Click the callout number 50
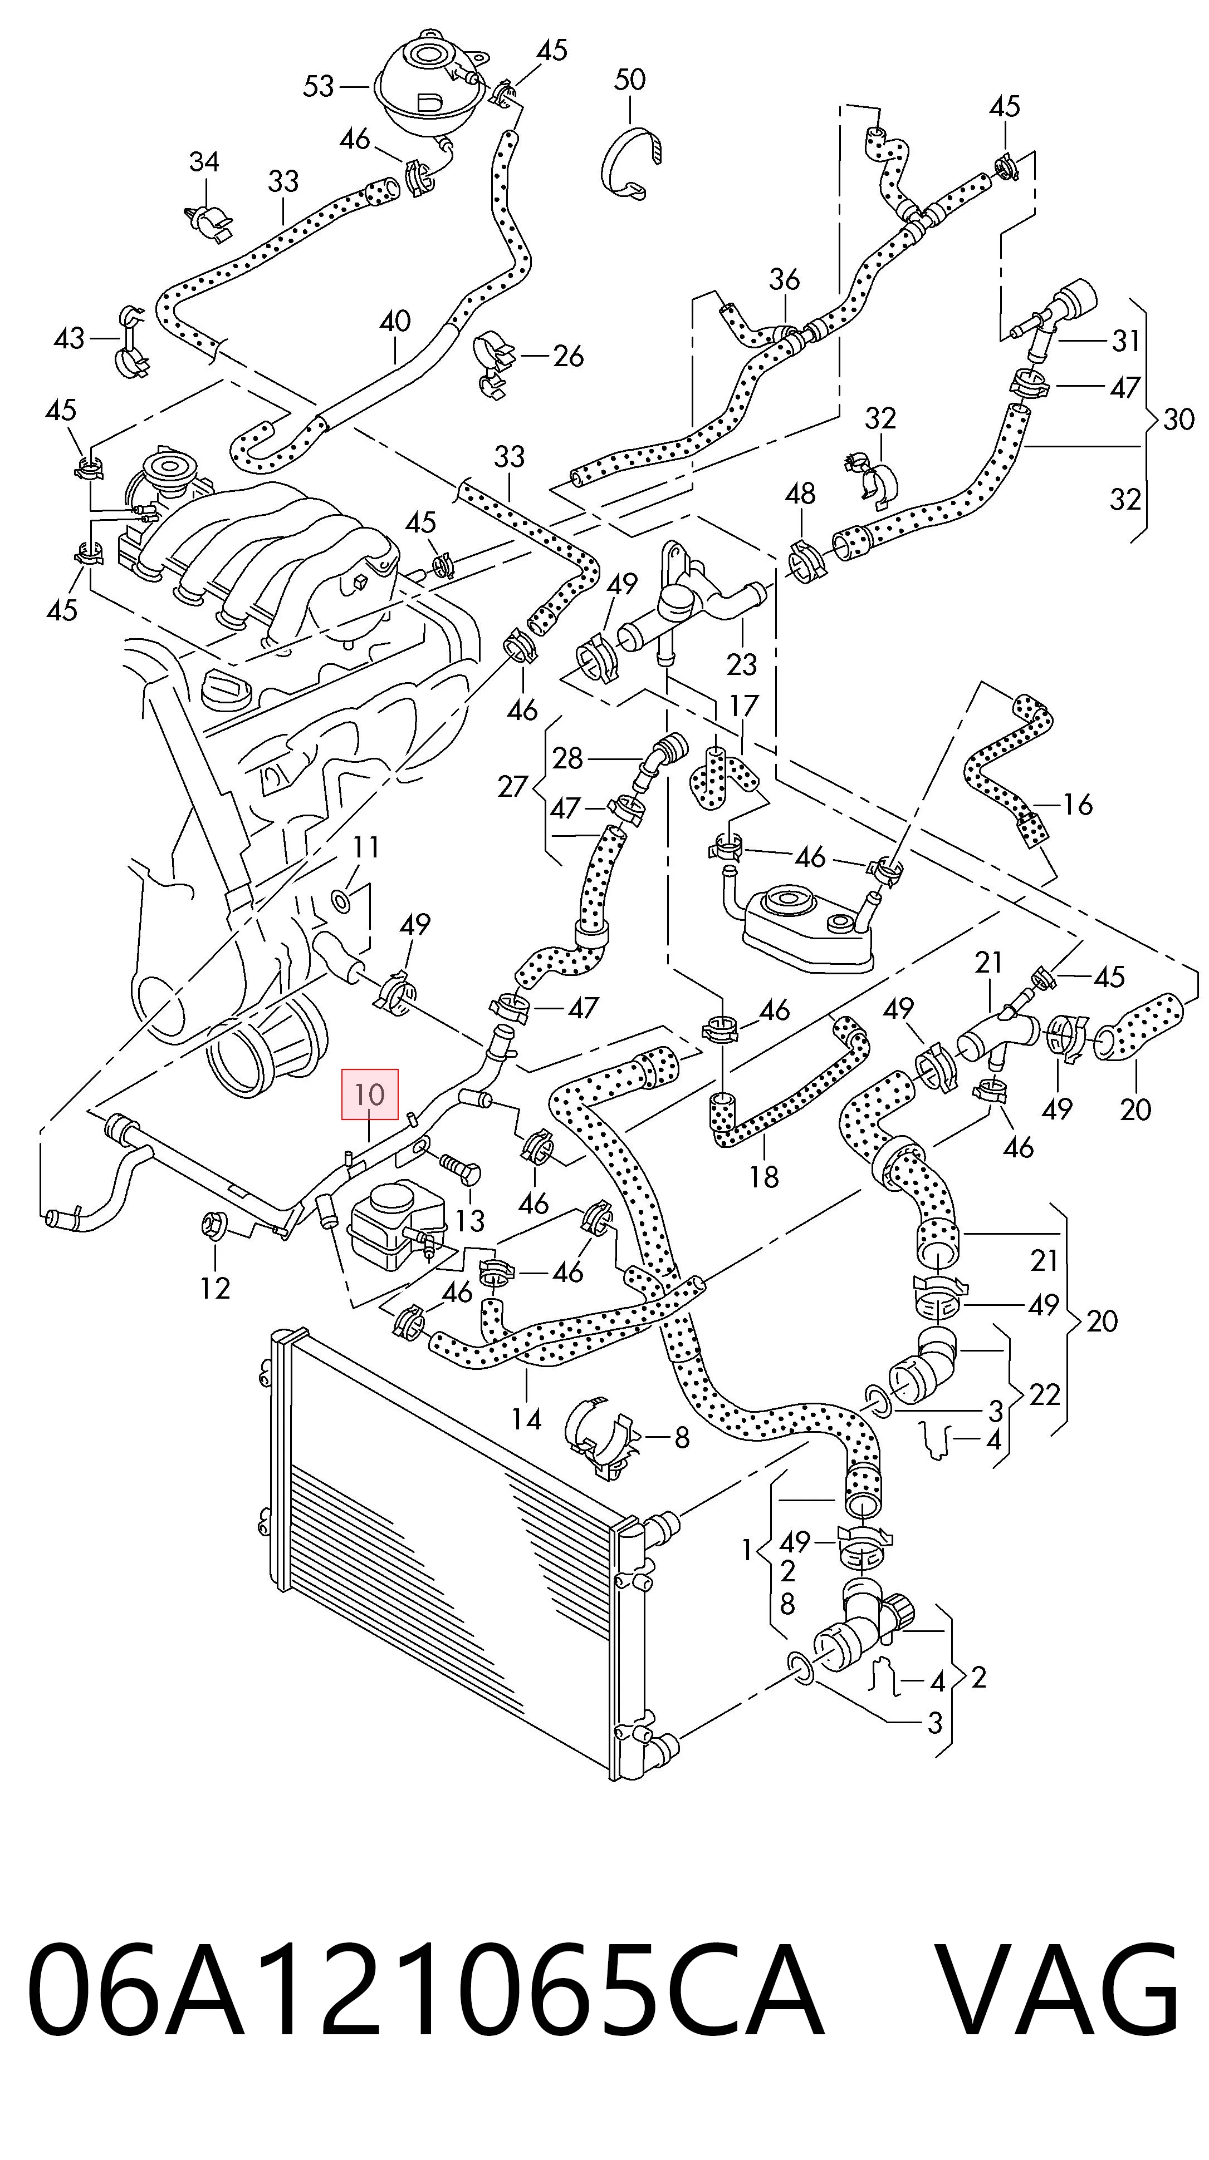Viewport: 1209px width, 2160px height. [630, 80]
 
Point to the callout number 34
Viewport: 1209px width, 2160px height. [204, 162]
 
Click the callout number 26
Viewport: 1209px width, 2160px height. [568, 356]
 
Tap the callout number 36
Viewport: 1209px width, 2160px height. [785, 279]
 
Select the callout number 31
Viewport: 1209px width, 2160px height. [1126, 341]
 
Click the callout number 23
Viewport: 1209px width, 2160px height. [742, 665]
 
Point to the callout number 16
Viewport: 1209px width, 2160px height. [1078, 805]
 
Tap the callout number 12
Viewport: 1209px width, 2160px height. [215, 1287]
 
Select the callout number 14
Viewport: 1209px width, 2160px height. [527, 1419]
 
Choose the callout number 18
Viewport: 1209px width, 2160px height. [763, 1177]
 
